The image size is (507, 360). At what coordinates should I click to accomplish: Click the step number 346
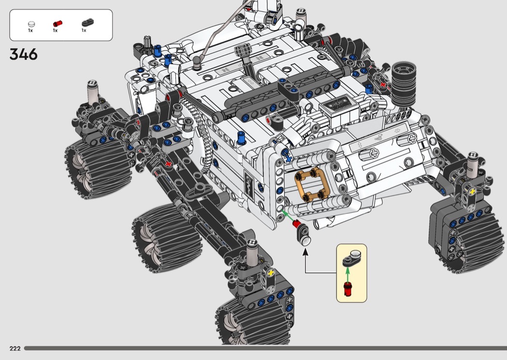24,55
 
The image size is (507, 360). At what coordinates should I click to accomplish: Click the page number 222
15,348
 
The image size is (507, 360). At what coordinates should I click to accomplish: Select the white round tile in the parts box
31,24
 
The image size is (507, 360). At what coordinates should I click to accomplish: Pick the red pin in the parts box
57,24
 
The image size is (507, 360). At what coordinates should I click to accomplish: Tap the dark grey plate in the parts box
87,22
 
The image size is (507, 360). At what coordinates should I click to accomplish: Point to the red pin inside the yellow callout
348,289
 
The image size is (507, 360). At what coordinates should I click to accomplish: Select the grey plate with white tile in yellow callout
352,258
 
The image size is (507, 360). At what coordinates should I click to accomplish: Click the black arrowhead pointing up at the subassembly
305,252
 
